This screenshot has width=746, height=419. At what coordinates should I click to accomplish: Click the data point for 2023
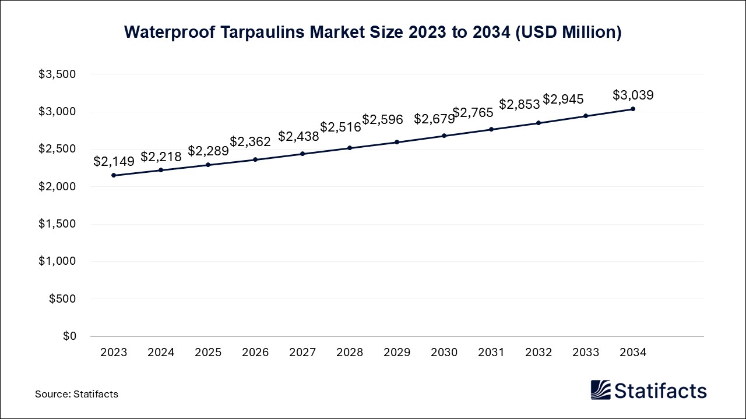click(114, 175)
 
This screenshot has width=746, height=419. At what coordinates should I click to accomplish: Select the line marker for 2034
click(633, 109)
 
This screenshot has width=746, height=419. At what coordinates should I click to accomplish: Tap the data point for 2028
click(350, 148)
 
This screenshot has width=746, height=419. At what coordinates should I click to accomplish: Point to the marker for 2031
click(491, 129)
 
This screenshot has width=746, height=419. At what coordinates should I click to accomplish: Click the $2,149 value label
click(114, 161)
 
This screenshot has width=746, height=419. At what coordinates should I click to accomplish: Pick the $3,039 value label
click(633, 95)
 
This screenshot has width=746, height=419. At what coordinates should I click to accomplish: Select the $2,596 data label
click(382, 119)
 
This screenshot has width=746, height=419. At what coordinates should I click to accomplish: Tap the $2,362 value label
click(250, 141)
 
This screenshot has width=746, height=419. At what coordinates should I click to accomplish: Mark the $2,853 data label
click(519, 104)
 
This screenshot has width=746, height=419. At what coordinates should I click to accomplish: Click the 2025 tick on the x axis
click(208, 352)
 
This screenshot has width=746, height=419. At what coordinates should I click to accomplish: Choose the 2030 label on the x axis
click(444, 352)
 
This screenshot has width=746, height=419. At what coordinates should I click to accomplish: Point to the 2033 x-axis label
click(586, 352)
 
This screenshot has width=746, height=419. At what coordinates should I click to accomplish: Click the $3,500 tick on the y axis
click(57, 74)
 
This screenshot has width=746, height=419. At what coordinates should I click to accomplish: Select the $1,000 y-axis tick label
click(57, 261)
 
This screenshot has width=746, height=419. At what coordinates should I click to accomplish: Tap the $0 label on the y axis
click(70, 336)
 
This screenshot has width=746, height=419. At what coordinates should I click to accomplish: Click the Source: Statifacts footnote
click(76, 394)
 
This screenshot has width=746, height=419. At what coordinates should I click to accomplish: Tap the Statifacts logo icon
click(600, 390)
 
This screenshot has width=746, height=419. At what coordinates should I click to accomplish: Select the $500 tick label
click(63, 299)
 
